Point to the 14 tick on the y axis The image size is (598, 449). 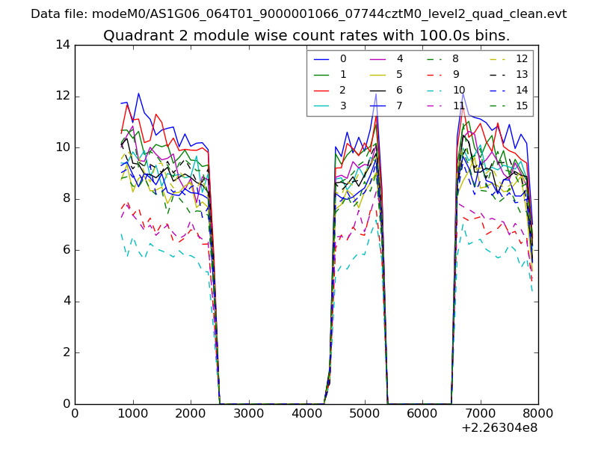coord(63,45)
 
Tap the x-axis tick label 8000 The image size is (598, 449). coord(538,413)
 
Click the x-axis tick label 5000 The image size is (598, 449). coord(364,413)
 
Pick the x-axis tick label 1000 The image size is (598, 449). coord(132,413)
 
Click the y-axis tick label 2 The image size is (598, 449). coord(66,352)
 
